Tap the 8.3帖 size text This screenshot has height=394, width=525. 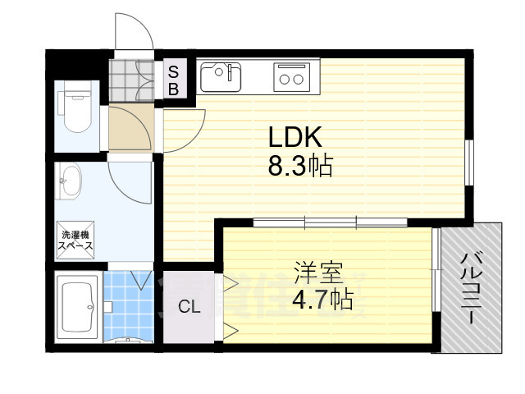coord(299,167)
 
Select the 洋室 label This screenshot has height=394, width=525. coord(318,272)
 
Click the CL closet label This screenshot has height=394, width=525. coord(189,309)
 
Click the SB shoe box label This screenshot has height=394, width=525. coord(174,79)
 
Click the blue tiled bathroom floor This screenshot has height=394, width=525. coord(128,304)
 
